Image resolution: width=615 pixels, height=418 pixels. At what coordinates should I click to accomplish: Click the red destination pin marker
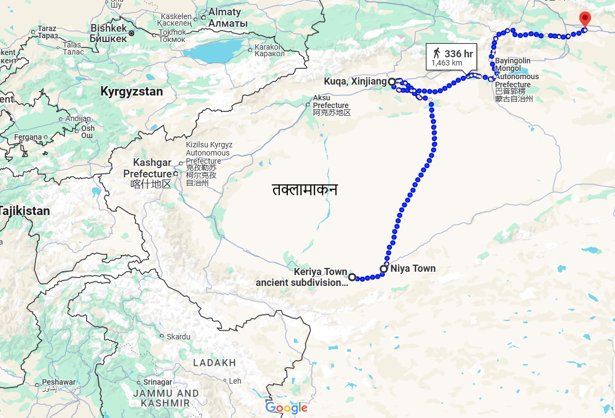coord(584,19)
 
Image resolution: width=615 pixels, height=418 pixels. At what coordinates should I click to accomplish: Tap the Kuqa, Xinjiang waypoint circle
coord(391,81)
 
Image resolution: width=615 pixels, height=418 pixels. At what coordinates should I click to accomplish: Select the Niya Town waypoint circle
coord(384,268)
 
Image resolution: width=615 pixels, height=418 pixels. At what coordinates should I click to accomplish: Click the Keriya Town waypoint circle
coord(352,277)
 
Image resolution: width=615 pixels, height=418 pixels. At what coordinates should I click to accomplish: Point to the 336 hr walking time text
coord(459,53)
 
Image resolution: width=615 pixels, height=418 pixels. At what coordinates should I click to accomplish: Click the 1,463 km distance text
coord(447,63)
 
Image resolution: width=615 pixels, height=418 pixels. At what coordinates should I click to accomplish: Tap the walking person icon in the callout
coord(436,53)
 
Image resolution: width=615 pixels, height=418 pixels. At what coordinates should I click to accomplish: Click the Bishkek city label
coord(108,33)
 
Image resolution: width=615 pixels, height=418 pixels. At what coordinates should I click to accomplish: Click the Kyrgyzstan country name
coord(131,92)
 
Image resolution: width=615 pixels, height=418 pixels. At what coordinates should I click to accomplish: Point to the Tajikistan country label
coord(24,211)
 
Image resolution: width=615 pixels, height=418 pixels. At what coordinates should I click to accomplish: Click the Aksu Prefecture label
coord(331,105)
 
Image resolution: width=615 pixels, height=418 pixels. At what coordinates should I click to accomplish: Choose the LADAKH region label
coord(214,363)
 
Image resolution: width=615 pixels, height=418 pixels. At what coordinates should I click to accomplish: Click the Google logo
coord(287,408)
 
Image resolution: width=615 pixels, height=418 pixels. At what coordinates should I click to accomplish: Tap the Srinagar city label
coord(158,382)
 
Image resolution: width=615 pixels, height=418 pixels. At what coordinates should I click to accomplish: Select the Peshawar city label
coord(58,383)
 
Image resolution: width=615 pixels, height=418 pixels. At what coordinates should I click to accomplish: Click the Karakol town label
coord(270,50)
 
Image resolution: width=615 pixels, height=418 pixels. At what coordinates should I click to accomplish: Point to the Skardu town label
coord(178,337)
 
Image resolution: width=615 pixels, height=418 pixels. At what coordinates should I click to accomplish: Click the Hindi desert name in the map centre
coord(305,189)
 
